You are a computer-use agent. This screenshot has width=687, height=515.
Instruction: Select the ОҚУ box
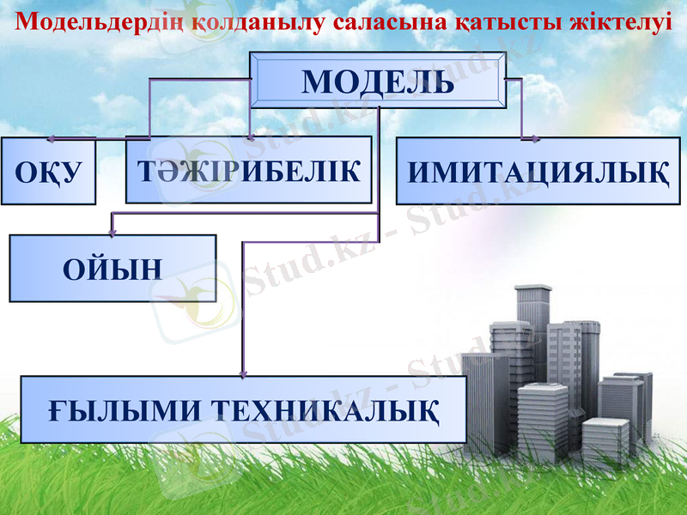point(48,170)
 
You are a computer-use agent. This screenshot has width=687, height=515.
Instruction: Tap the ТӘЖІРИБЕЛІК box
point(248,169)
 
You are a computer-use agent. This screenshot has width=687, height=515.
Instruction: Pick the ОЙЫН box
point(112,268)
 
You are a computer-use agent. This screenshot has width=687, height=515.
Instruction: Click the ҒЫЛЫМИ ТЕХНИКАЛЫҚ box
point(243,409)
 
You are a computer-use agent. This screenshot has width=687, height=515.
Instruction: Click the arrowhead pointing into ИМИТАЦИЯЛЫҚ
point(521,135)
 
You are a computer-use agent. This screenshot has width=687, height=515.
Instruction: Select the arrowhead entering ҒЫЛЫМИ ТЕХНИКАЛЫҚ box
point(243,373)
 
